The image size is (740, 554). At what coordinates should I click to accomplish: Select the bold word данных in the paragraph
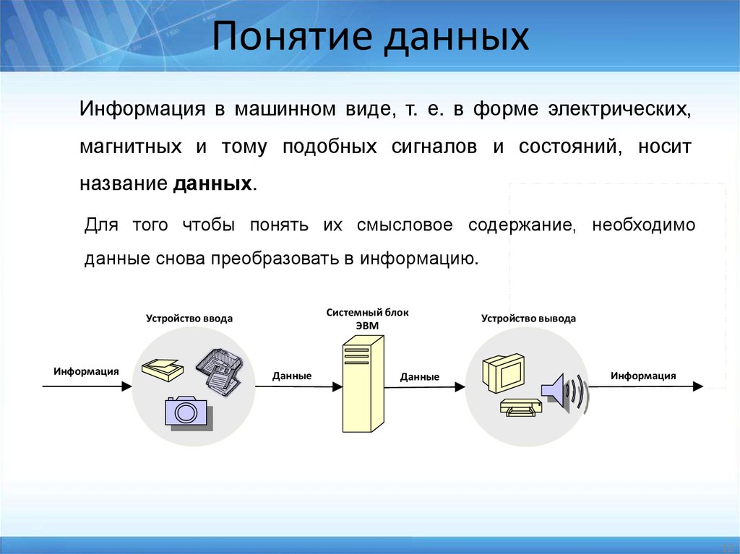pyautogui.click(x=212, y=183)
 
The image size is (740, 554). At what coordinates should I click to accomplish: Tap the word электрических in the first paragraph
pyautogui.click(x=619, y=111)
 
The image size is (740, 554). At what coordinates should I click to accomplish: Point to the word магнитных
pyautogui.click(x=131, y=147)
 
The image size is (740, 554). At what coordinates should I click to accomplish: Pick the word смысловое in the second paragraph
pyautogui.click(x=405, y=225)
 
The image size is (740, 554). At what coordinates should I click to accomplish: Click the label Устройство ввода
pyautogui.click(x=189, y=318)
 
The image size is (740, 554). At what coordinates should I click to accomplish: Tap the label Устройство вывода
pyautogui.click(x=528, y=318)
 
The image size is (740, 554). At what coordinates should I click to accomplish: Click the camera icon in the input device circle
pyautogui.click(x=186, y=412)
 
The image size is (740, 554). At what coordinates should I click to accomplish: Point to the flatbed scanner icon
pyautogui.click(x=163, y=369)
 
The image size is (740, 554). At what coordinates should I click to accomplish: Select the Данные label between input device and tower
pyautogui.click(x=292, y=376)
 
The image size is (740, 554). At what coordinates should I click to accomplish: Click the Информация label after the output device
pyautogui.click(x=642, y=376)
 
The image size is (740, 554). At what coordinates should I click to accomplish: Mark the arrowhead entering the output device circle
pyautogui.click(x=460, y=387)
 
